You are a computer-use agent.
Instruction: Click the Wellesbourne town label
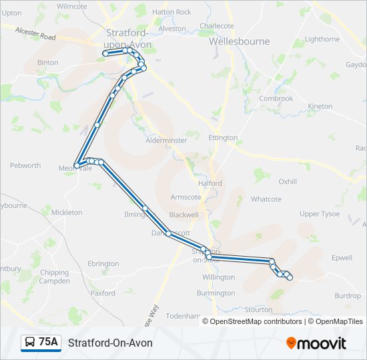pyautogui.click(x=239, y=41)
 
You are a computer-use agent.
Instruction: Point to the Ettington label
pyautogui.click(x=223, y=138)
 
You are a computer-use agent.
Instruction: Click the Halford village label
pyautogui.click(x=210, y=183)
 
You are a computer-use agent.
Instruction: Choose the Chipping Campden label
pyautogui.click(x=54, y=277)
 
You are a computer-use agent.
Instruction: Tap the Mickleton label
pyautogui.click(x=67, y=213)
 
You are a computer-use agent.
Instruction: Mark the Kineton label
pyautogui.click(x=319, y=107)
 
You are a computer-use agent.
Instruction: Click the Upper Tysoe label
pyautogui.click(x=319, y=214)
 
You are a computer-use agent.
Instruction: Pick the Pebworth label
pyautogui.click(x=25, y=165)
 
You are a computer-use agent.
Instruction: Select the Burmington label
pyautogui.click(x=216, y=293)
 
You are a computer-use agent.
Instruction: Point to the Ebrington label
pyautogui.click(x=103, y=264)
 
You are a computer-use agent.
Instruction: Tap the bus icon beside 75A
pyautogui.click(x=30, y=343)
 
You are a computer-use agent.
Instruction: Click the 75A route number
pyautogui.click(x=48, y=343)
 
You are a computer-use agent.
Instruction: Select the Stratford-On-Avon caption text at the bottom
pyautogui.click(x=110, y=343)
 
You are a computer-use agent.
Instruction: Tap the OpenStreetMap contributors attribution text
pyautogui.click(x=256, y=321)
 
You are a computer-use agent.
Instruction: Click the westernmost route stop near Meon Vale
pyautogui.click(x=77, y=165)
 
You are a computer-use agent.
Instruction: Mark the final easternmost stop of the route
pyautogui.click(x=290, y=277)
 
